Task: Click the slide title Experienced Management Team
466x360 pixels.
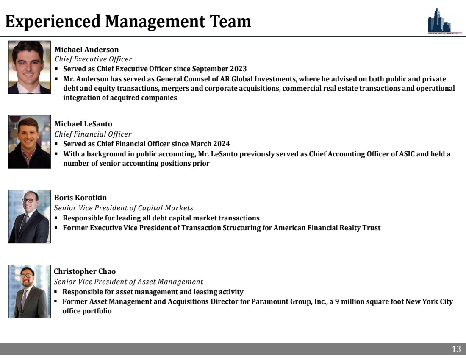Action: pyautogui.click(x=128, y=21)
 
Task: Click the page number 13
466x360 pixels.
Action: pyautogui.click(x=456, y=349)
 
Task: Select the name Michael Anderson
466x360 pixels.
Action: pyautogui.click(x=87, y=50)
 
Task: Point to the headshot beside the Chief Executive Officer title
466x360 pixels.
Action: pyautogui.click(x=30, y=67)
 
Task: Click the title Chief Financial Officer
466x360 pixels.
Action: pyautogui.click(x=93, y=134)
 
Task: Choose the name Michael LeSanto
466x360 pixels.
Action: pyautogui.click(x=83, y=124)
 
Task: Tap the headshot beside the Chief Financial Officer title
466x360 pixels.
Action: pyautogui.click(x=30, y=142)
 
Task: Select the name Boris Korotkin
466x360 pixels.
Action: pyautogui.click(x=80, y=198)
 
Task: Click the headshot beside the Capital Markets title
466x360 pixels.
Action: pyautogui.click(x=30, y=216)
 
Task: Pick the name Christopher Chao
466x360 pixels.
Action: pyautogui.click(x=85, y=271)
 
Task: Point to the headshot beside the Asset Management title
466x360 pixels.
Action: pyautogui.click(x=30, y=291)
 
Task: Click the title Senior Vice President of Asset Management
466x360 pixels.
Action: pyautogui.click(x=128, y=281)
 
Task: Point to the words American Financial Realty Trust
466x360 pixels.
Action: pyautogui.click(x=327, y=228)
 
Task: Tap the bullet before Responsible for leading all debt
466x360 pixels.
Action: pyautogui.click(x=57, y=218)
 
